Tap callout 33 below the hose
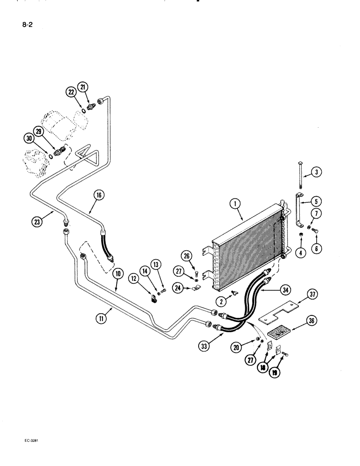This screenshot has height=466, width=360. tap(203, 346)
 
